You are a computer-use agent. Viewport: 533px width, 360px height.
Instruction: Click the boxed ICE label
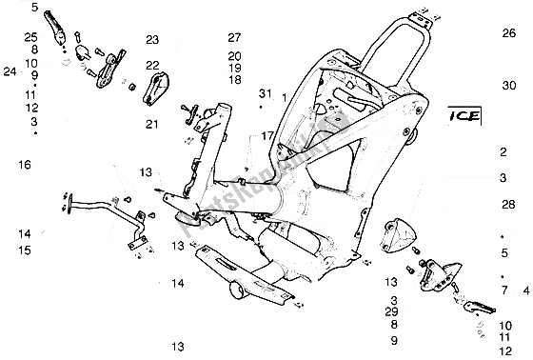(x=461, y=119)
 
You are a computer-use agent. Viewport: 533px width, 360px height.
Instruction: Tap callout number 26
(x=507, y=32)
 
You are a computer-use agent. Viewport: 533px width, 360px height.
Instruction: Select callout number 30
(x=507, y=85)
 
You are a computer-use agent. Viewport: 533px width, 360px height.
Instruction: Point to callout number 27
(x=235, y=37)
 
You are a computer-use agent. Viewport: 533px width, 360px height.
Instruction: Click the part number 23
(x=151, y=40)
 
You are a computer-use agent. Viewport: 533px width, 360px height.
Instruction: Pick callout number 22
(x=151, y=65)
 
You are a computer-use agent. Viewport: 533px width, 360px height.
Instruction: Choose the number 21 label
(x=151, y=124)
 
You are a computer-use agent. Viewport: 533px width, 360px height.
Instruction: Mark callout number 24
(x=10, y=71)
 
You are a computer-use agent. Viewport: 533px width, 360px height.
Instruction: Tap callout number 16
(x=24, y=165)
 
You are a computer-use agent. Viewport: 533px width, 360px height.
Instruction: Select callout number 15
(x=24, y=250)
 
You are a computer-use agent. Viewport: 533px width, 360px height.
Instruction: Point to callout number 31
(x=265, y=92)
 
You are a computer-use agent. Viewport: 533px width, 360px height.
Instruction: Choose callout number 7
(x=503, y=289)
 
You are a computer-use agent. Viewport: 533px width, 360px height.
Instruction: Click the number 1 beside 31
(x=284, y=97)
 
